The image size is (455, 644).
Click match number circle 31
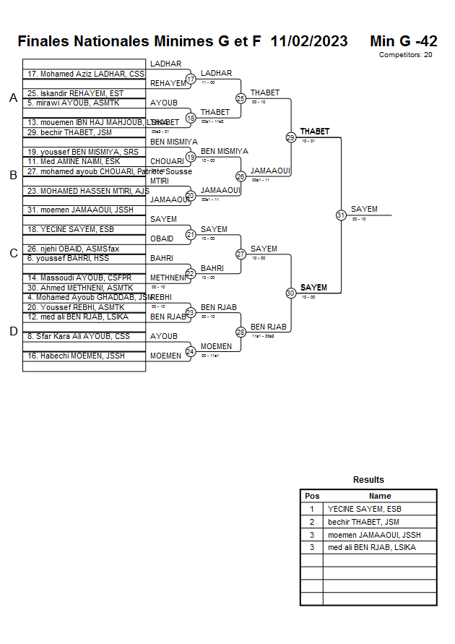[340, 215]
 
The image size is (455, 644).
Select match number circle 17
[191, 79]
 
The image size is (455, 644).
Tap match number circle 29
[290, 137]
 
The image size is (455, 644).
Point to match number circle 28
[240, 332]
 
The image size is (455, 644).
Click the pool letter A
[13, 98]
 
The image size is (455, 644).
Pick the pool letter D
[13, 331]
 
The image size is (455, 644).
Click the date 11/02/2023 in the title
[309, 41]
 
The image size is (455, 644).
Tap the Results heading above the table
[368, 480]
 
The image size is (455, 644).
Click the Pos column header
[312, 496]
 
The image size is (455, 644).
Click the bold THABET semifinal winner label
[315, 132]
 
